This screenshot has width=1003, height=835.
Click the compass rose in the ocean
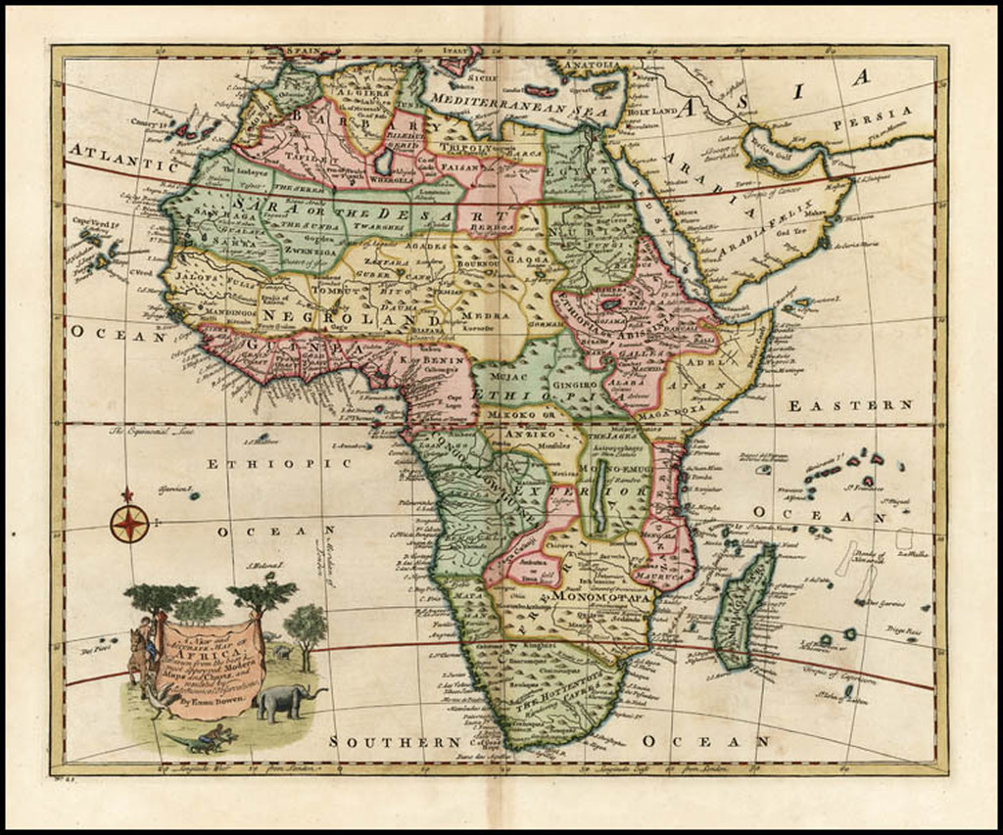coord(129,524)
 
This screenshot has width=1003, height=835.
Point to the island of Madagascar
coord(744,607)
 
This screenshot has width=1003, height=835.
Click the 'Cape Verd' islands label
coord(91,222)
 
